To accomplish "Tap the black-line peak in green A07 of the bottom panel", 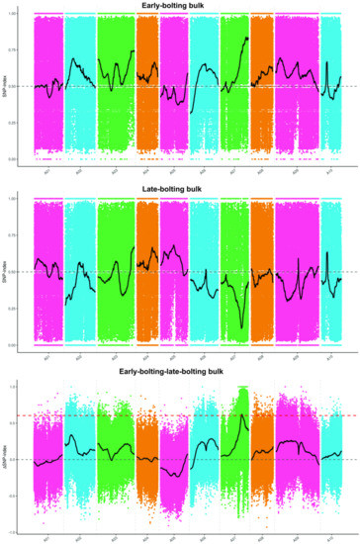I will click(241, 413).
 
